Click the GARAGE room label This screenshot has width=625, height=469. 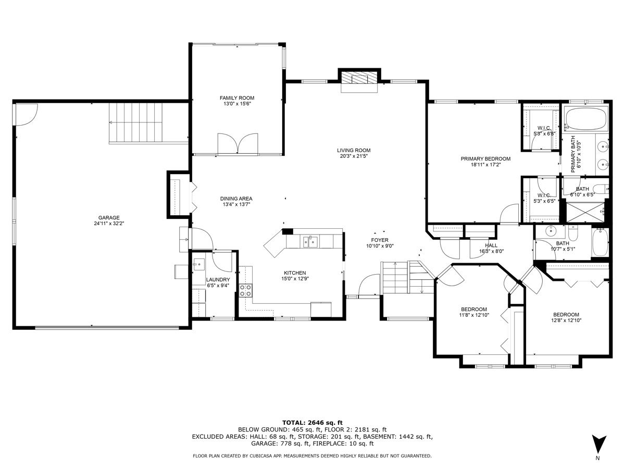(x=108, y=218)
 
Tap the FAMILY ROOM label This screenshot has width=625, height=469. (x=237, y=98)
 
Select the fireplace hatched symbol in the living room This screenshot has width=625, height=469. (x=359, y=78)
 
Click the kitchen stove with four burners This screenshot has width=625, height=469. (x=245, y=291)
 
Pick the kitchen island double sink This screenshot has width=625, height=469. (x=310, y=242)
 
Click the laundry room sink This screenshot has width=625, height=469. (x=199, y=264)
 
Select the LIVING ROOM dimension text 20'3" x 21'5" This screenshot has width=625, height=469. (x=354, y=156)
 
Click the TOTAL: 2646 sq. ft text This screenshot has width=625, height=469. (x=312, y=423)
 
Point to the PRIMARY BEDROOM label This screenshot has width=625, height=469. (x=485, y=159)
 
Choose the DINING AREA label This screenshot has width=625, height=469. (x=236, y=199)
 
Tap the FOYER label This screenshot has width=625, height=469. (x=380, y=240)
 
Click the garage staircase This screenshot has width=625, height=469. (x=135, y=122)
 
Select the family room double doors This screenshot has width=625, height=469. (x=238, y=144)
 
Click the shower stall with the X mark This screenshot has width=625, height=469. (x=585, y=212)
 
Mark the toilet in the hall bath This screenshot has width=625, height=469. (x=572, y=232)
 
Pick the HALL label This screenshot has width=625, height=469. (x=491, y=245)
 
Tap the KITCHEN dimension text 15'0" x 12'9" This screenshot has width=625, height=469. (x=295, y=278)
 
